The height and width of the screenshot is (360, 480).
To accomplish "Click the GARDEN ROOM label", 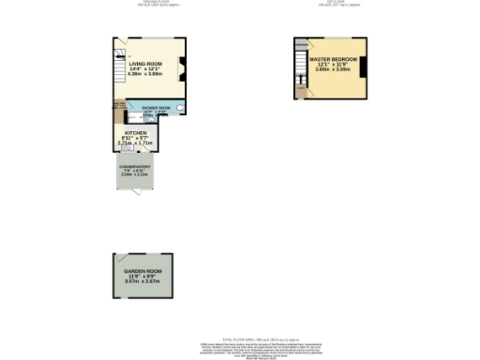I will pos(143,271).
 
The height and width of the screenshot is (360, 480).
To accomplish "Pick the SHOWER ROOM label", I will pos(156,108).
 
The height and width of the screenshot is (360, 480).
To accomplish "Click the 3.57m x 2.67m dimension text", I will pos(143,282).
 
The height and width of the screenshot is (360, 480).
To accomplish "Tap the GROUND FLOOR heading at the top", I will pos(142,3).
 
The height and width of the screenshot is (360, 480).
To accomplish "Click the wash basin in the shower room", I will pos(178,109).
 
